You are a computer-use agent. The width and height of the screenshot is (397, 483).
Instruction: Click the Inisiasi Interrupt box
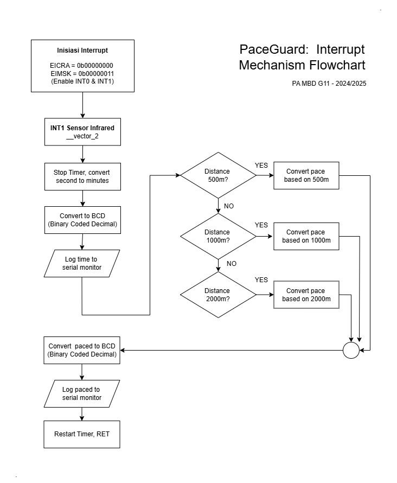pyautogui.click(x=82, y=66)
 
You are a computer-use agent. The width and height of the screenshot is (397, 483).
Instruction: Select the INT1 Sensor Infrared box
pyautogui.click(x=82, y=132)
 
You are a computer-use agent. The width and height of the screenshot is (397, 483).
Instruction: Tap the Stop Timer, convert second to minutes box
pyautogui.click(x=82, y=176)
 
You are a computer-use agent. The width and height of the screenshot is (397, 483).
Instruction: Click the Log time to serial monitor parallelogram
pyautogui.click(x=82, y=263)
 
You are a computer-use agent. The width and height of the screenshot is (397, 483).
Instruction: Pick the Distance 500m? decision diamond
pyautogui.click(x=218, y=175)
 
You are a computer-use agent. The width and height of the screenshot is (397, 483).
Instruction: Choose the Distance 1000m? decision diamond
pyautogui.click(x=218, y=236)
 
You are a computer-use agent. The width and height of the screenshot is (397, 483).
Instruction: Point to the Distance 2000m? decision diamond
pyautogui.click(x=218, y=295)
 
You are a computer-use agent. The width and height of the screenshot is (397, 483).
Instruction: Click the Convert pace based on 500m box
pyautogui.click(x=306, y=175)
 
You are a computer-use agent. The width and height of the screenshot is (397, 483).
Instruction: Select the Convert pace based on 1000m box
pyautogui.click(x=306, y=236)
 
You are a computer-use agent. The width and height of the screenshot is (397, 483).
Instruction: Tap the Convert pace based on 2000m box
pyautogui.click(x=306, y=295)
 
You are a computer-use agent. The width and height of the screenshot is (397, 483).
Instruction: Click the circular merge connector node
pyautogui.click(x=351, y=350)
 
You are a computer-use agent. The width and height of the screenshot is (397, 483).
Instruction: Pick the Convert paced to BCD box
pyautogui.click(x=82, y=350)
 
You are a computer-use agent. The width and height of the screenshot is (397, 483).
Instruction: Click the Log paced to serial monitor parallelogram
pyautogui.click(x=82, y=393)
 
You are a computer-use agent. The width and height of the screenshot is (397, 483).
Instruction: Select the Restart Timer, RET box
pyautogui.click(x=82, y=434)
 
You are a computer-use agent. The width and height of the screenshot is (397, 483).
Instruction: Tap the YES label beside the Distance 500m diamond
pyautogui.click(x=261, y=166)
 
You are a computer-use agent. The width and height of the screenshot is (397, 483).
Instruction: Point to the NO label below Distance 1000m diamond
pyautogui.click(x=232, y=264)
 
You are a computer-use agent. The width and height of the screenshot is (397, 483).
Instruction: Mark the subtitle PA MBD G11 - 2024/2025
pyautogui.click(x=329, y=84)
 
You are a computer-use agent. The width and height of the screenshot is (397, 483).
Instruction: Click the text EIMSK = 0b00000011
pyautogui.click(x=82, y=74)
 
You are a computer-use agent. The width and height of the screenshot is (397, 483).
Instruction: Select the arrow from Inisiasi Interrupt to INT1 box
pyautogui.click(x=82, y=105)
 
